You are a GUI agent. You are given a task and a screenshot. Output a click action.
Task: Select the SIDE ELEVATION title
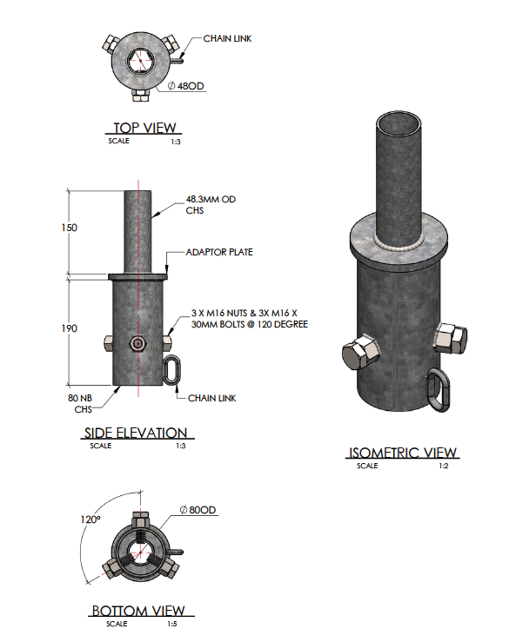pos(136,433)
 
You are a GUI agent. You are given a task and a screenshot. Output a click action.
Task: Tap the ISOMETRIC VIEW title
pos(403,453)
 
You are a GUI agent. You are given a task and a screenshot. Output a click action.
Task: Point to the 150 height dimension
pos(69,228)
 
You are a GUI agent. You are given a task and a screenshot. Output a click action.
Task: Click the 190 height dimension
pos(69,328)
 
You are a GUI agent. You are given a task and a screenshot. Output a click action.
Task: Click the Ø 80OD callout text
pos(196,509)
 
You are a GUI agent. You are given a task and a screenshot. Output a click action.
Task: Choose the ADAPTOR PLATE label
pos(218,253)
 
